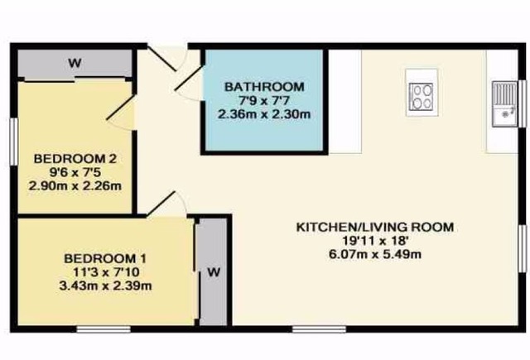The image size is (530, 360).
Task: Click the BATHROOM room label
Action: click(x=264, y=87)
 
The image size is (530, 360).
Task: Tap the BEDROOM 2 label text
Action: click(x=75, y=158)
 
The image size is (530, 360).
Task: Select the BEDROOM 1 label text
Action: click(x=105, y=259)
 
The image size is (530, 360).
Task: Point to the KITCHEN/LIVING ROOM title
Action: click(x=375, y=227)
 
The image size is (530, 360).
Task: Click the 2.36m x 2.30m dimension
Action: click(x=264, y=114)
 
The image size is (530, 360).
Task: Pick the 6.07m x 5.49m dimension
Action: click(x=375, y=254)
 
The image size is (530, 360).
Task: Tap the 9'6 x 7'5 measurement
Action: click(x=75, y=172)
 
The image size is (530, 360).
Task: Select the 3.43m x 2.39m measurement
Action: click(x=105, y=286)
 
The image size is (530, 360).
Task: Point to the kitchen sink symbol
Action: click(x=504, y=104)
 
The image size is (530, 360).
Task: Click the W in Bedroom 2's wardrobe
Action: click(x=75, y=63)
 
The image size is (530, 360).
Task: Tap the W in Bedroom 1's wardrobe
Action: click(x=214, y=272)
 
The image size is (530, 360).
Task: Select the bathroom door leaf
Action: click(x=188, y=79)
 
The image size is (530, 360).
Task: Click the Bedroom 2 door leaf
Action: click(x=121, y=108)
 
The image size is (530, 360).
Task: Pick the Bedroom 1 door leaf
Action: click(x=161, y=204)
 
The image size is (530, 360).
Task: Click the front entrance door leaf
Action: click(x=161, y=59)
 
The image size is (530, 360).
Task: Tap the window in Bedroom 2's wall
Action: click(x=13, y=142)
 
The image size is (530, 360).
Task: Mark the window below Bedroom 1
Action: click(x=104, y=329)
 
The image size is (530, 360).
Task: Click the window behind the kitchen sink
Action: click(x=523, y=104)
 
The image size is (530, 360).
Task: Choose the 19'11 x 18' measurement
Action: click(x=375, y=241)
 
